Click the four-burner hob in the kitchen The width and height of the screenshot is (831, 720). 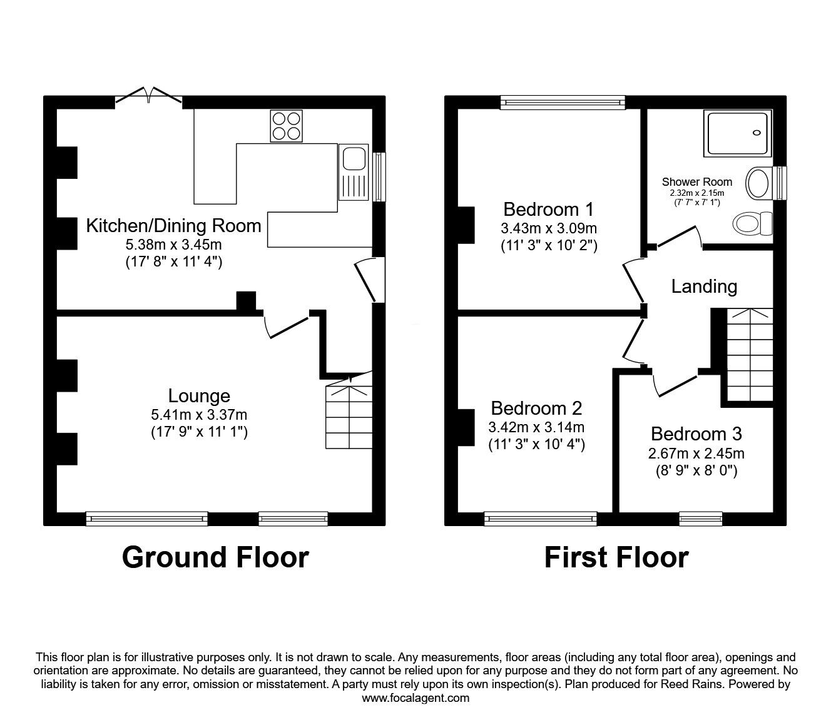[286, 126]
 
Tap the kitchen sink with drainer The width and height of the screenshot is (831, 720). [353, 172]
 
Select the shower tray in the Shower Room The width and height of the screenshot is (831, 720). [738, 133]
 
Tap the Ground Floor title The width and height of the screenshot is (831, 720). [215, 557]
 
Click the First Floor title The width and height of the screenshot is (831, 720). [616, 557]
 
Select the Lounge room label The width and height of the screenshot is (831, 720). [199, 395]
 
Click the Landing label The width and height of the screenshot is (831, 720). [704, 286]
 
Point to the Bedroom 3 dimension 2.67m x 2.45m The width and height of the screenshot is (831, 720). [696, 454]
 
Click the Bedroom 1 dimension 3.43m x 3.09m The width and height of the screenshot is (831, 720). [549, 228]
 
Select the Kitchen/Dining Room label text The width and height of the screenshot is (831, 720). [173, 225]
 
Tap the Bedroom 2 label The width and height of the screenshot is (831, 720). [536, 408]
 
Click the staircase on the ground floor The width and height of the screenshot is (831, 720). [349, 416]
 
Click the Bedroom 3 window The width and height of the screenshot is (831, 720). [701, 517]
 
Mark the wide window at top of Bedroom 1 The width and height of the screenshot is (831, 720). [563, 101]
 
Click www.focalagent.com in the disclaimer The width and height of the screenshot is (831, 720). [415, 698]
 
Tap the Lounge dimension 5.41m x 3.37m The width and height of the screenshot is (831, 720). [199, 414]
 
